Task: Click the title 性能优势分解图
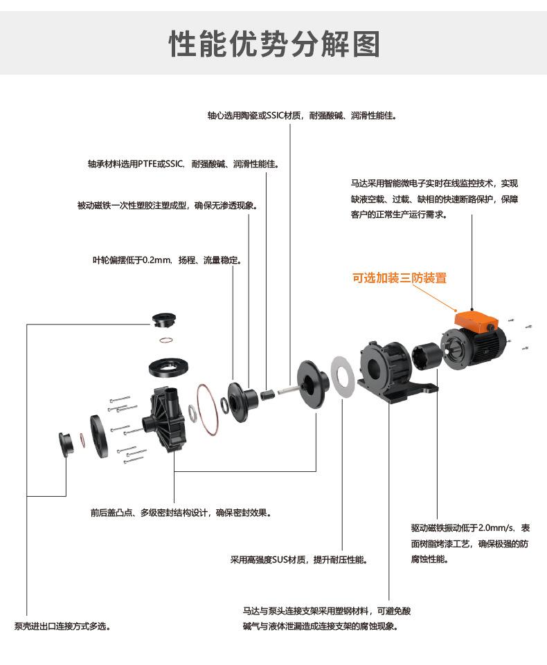[274, 43]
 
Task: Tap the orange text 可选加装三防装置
[400, 278]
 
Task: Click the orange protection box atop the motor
[474, 320]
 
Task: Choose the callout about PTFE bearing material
[182, 165]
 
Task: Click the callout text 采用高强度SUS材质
[298, 559]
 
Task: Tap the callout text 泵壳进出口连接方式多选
[62, 626]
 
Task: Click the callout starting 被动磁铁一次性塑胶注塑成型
[167, 206]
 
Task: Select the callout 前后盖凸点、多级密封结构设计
[180, 513]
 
